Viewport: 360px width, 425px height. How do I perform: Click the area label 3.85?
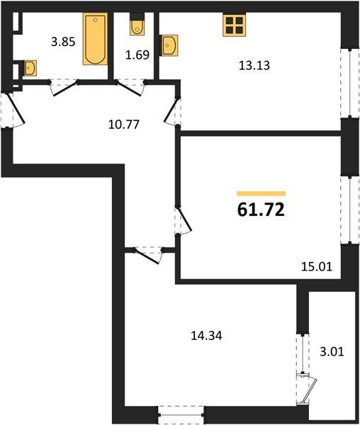(63, 42)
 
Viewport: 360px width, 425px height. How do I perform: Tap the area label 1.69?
(137, 55)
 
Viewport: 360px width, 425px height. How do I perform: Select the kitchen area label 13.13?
(254, 66)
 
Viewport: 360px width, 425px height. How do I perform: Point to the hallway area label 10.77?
(124, 125)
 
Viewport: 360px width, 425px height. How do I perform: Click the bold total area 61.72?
(261, 210)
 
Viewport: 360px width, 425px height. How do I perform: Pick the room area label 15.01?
(317, 267)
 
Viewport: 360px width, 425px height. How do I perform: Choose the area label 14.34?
(206, 336)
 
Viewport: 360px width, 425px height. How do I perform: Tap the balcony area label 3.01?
(332, 352)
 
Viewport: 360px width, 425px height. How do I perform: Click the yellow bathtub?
(95, 39)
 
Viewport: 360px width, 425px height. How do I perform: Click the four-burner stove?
(235, 25)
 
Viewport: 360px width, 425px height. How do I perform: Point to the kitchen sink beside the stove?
(169, 45)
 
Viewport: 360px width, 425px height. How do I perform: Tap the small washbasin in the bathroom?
(29, 68)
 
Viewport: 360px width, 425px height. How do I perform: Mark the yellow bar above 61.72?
(261, 193)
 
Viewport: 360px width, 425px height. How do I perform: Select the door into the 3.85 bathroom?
(64, 87)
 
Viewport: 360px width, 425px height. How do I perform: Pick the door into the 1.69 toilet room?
(130, 87)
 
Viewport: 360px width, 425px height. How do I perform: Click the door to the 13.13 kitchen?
(173, 112)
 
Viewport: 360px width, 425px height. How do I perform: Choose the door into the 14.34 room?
(148, 255)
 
